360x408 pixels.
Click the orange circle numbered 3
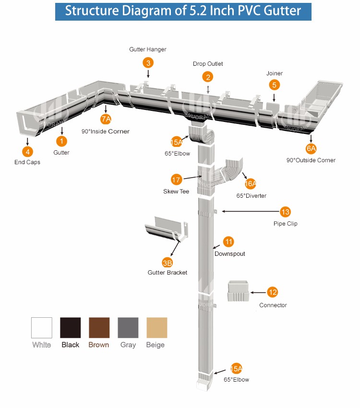point(148,62)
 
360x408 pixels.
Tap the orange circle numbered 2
point(207,76)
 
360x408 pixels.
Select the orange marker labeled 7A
point(106,119)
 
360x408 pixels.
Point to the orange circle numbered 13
point(285,212)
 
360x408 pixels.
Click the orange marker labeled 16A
point(251,183)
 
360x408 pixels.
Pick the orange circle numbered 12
point(273,292)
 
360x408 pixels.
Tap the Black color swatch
point(71,327)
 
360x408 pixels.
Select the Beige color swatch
point(157,327)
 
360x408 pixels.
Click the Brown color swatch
point(99,327)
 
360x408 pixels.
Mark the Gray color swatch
point(128,327)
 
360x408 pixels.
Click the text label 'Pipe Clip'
point(285,224)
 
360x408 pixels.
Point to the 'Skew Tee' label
point(176,192)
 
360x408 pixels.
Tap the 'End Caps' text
point(27,162)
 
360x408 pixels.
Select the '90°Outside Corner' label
point(311,160)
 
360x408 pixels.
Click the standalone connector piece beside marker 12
point(239,290)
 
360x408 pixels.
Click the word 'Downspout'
point(229,253)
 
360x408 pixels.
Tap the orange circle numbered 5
point(274,85)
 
